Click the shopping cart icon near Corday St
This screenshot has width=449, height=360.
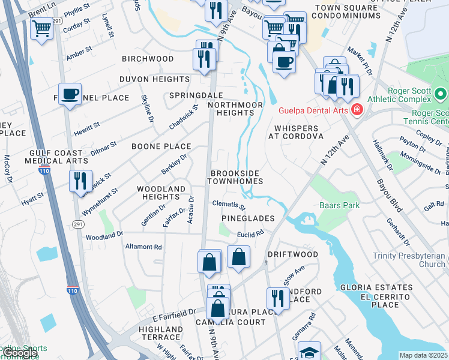click(42, 28)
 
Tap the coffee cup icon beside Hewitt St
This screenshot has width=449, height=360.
click(70, 94)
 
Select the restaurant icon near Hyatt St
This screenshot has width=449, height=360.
click(80, 181)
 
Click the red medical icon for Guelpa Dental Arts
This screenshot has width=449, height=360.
click(357, 110)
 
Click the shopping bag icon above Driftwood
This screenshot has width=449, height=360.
click(239, 257)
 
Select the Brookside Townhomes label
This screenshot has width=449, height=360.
click(236, 177)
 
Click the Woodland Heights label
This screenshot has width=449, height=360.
click(161, 193)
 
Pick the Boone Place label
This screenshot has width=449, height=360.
click(161, 146)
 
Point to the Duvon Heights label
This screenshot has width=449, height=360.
click(154, 79)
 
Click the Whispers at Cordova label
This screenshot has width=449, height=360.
click(296, 132)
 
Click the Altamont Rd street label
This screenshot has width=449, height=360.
click(143, 247)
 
